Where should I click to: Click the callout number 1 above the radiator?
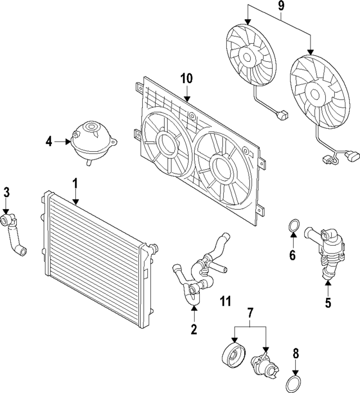coord(75,183)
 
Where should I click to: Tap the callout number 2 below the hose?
coord(194,329)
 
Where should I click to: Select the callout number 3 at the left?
coord(6,192)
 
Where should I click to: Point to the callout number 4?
coord(49,142)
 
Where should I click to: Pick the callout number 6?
coord(292,256)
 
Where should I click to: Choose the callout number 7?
coord(251,312)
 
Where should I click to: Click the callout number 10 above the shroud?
coord(186,78)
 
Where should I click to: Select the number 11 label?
coord(226,301)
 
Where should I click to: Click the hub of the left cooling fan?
coord(247,56)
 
